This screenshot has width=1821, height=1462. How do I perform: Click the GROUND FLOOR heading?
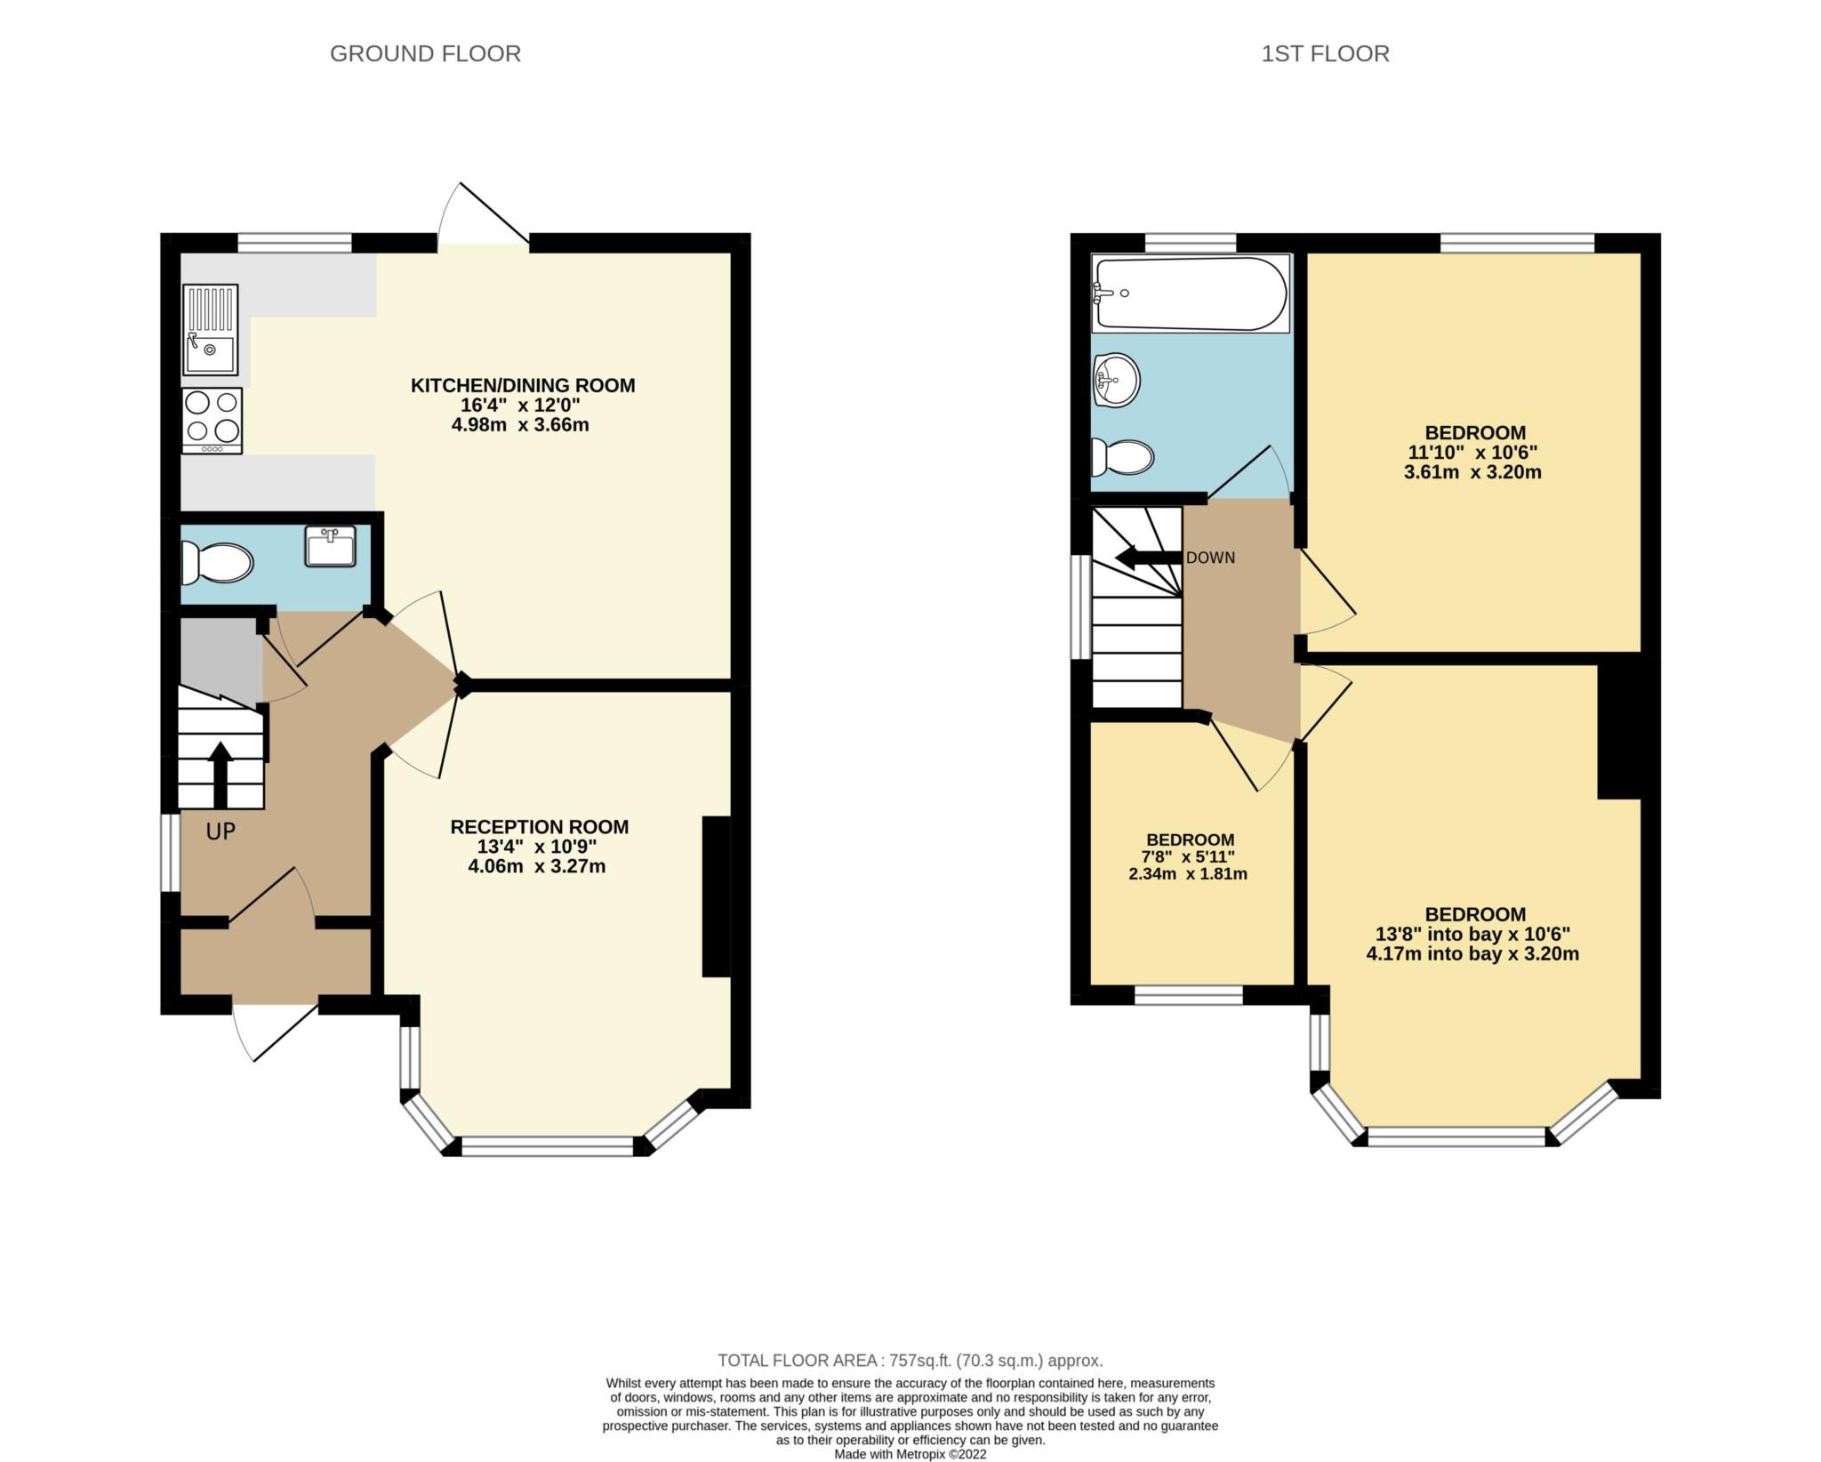pyautogui.click(x=425, y=54)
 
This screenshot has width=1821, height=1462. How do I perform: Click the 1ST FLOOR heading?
pyautogui.click(x=1325, y=54)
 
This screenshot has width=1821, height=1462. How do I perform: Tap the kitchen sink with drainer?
pyautogui.click(x=211, y=330)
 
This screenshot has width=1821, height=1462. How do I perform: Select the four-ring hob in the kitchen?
pyautogui.click(x=212, y=422)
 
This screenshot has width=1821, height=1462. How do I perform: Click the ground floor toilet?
pyautogui.click(x=217, y=562)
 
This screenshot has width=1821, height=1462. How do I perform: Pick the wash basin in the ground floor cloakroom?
pyautogui.click(x=330, y=546)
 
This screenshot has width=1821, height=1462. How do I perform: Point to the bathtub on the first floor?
pyautogui.click(x=1191, y=293)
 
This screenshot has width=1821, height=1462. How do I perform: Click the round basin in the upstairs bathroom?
pyautogui.click(x=1116, y=381)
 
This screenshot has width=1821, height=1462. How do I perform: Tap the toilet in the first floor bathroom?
pyautogui.click(x=1122, y=457)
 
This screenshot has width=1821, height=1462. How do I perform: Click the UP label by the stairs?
pyautogui.click(x=221, y=831)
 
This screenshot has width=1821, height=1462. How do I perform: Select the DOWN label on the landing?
pyautogui.click(x=1210, y=558)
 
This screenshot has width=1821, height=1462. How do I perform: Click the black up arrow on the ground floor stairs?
pyautogui.click(x=220, y=775)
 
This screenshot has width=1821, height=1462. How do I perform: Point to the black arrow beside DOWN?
pyautogui.click(x=1149, y=558)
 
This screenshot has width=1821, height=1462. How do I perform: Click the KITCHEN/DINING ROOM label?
pyautogui.click(x=523, y=386)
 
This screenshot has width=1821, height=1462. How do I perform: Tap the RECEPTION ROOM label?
pyautogui.click(x=540, y=827)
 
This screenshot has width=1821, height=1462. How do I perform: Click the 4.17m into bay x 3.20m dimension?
pyautogui.click(x=1472, y=954)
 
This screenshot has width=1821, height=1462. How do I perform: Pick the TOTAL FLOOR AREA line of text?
pyautogui.click(x=910, y=1361)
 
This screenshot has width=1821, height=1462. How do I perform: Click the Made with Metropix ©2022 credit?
pyautogui.click(x=910, y=1455)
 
